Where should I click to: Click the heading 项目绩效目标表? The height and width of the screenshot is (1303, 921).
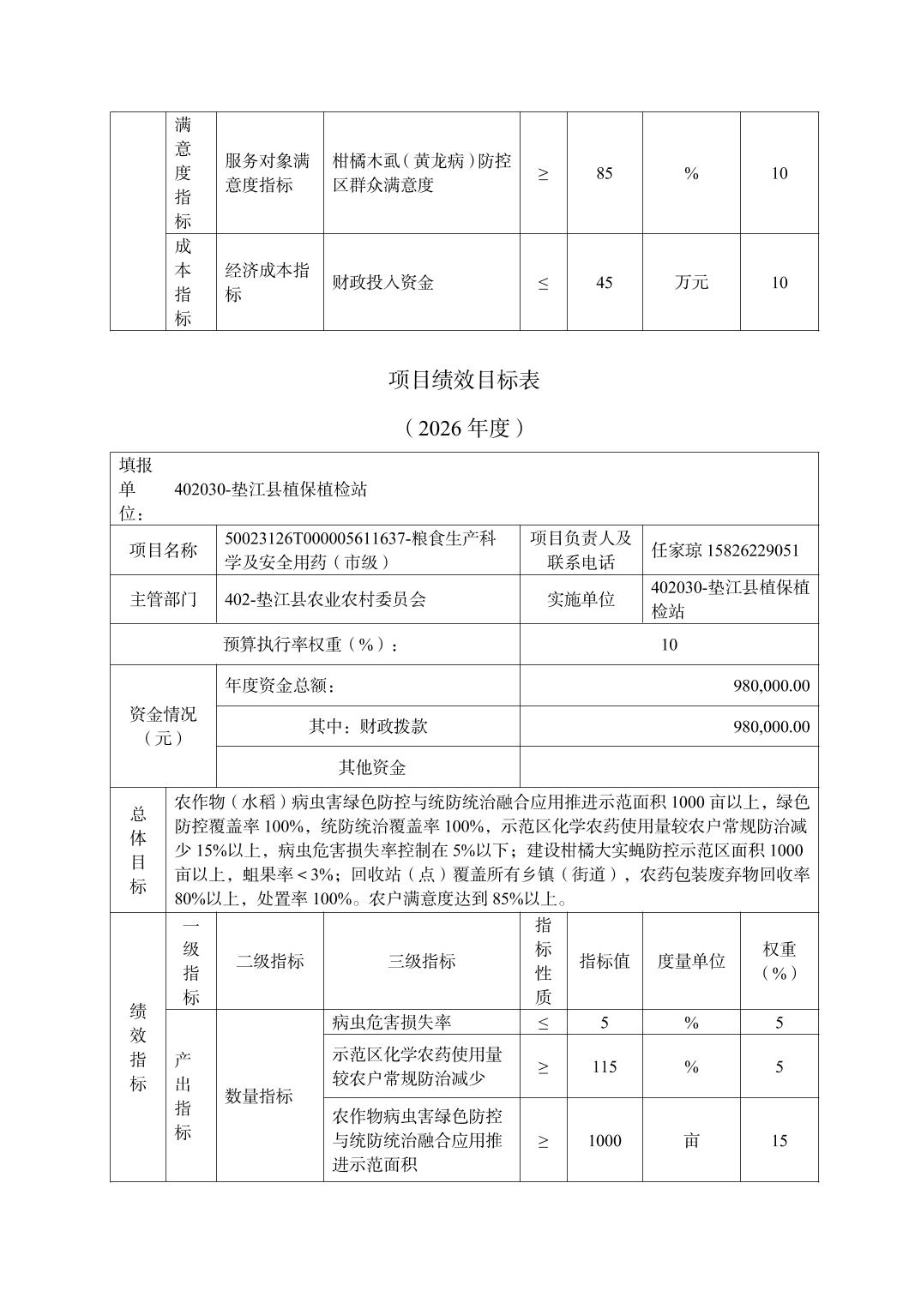point(464,381)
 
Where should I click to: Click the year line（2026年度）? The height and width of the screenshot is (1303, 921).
point(464,428)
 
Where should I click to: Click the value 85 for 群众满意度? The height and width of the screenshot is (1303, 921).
point(604,173)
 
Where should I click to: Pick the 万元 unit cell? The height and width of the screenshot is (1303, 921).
point(691,283)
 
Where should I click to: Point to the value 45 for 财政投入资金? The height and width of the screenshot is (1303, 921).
point(604,283)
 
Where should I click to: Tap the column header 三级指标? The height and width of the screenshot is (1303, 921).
point(421,961)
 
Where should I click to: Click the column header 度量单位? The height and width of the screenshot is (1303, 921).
point(691,961)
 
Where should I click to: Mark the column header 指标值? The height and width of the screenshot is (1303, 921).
point(604,961)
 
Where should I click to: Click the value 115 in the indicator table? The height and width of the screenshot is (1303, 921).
point(604,1066)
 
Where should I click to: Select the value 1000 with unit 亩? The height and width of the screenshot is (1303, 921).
point(604,1141)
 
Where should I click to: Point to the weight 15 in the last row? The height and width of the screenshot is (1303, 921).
point(779,1141)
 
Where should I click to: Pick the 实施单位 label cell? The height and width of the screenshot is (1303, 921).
point(581,599)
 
